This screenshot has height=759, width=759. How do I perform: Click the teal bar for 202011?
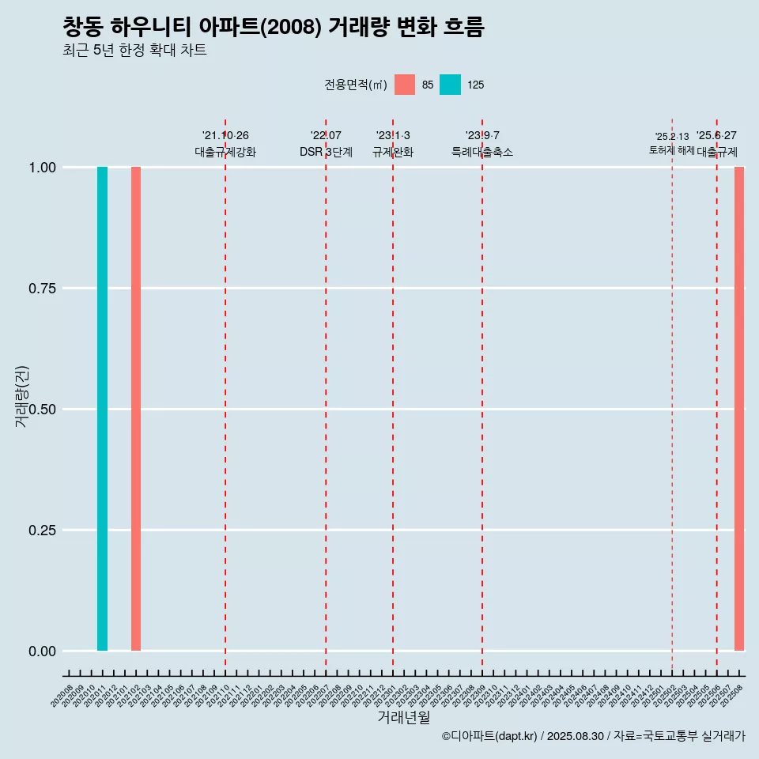102,409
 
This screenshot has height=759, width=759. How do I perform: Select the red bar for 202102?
136,409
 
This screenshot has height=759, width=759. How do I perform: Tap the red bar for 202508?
739,409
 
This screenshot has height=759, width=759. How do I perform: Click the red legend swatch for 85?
405,85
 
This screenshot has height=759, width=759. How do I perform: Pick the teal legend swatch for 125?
450,85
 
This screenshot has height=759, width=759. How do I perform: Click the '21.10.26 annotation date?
225,136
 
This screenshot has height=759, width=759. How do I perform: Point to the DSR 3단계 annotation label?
326,152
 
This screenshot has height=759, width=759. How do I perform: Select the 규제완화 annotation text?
393,152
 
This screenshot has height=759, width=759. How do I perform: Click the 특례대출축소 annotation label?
482,152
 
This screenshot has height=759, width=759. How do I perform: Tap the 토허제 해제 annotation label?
671,149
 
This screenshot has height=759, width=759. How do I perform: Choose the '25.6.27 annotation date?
716,136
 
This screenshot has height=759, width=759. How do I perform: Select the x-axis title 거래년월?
403,718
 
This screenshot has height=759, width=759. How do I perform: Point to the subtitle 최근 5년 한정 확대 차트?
134,51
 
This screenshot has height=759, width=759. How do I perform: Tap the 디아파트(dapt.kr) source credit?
490,736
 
